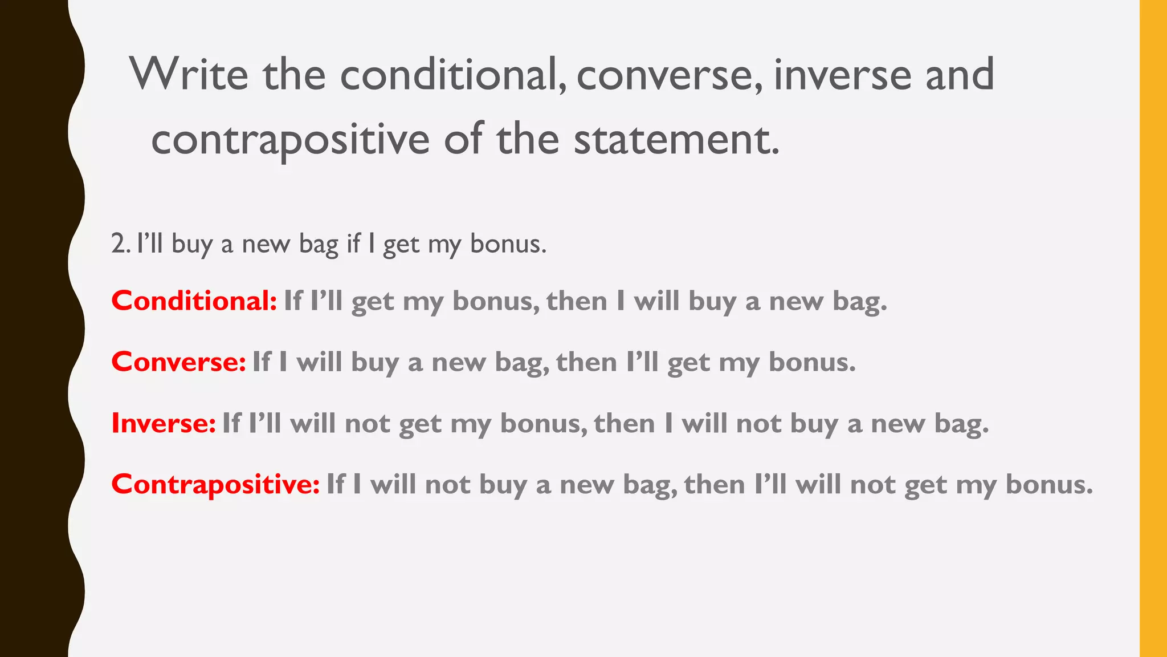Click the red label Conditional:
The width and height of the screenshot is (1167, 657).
click(x=194, y=301)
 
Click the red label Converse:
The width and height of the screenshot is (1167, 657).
click(x=178, y=362)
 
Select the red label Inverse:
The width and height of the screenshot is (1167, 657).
click(x=164, y=423)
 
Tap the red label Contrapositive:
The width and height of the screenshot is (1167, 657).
click(x=215, y=484)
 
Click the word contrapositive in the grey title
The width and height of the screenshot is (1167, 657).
click(x=290, y=140)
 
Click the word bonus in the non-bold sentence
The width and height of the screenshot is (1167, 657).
click(x=507, y=244)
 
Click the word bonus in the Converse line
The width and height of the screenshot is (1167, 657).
click(x=811, y=362)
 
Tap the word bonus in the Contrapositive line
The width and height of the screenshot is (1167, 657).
click(x=1048, y=484)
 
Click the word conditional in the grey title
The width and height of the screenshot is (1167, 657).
click(x=453, y=75)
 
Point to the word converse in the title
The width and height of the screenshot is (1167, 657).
click(x=669, y=76)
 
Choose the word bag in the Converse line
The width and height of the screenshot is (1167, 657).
click(x=521, y=363)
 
